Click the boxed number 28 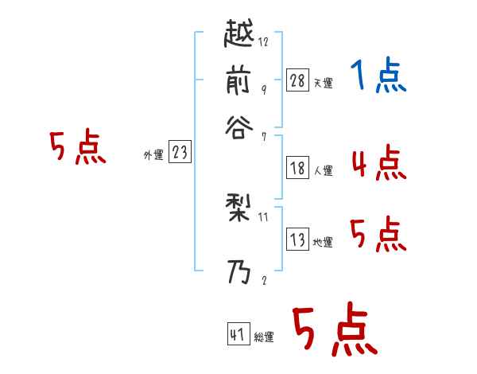point(297,80)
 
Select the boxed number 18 point(297,167)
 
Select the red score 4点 point(378,163)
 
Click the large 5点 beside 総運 point(333,330)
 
